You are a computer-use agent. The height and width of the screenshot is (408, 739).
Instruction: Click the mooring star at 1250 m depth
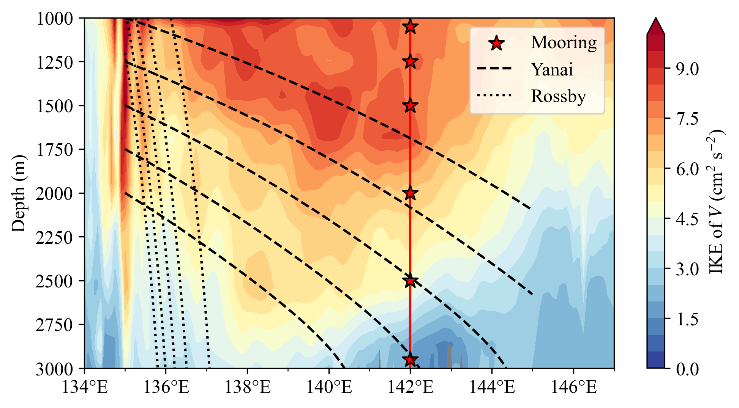(410, 61)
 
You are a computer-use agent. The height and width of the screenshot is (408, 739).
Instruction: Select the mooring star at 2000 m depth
(410, 193)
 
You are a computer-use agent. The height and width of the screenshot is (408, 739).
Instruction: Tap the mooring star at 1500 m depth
(410, 105)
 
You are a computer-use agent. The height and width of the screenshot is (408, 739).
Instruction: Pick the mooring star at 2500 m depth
(410, 281)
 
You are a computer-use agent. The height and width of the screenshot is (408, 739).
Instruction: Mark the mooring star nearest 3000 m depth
(410, 360)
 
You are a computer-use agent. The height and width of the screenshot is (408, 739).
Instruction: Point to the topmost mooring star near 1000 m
(410, 27)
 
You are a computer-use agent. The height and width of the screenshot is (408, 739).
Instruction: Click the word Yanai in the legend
(552, 69)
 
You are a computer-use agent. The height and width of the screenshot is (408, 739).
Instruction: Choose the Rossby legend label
(558, 96)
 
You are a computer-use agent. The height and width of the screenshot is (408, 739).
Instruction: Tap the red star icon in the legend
(496, 43)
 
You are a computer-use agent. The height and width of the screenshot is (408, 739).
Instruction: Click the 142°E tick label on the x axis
(410, 387)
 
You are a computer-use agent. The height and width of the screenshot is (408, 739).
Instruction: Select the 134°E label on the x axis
(84, 387)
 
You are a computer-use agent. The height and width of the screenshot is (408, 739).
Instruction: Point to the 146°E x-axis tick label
(573, 387)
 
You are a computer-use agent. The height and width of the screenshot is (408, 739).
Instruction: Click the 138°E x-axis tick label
(247, 387)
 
